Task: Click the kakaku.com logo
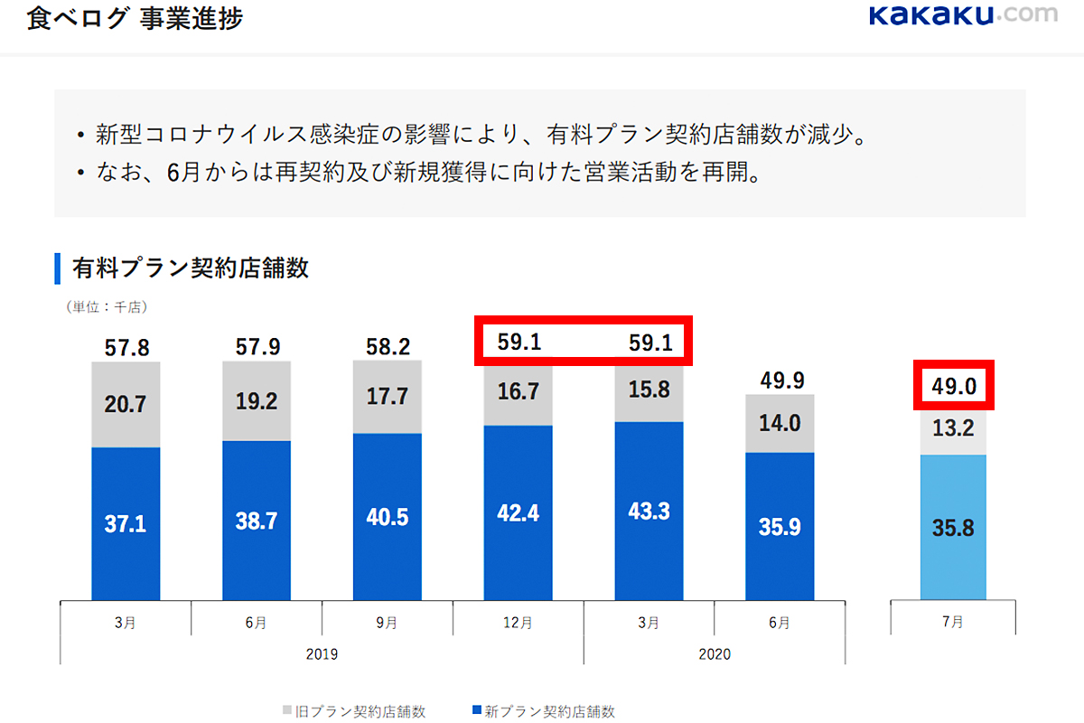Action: pyautogui.click(x=962, y=16)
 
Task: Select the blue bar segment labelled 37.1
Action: pyautogui.click(x=126, y=523)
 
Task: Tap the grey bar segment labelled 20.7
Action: pyautogui.click(x=126, y=404)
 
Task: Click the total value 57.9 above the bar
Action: pyautogui.click(x=257, y=346)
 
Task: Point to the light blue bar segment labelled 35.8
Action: pyautogui.click(x=952, y=527)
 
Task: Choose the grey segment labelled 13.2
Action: pyautogui.click(x=952, y=429)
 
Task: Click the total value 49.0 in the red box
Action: pyautogui.click(x=952, y=385)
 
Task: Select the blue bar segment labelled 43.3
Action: pyautogui.click(x=649, y=511)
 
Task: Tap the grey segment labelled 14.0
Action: pyautogui.click(x=780, y=423)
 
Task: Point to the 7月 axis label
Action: pyautogui.click(x=952, y=623)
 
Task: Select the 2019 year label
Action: pyautogui.click(x=322, y=653)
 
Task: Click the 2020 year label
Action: pyautogui.click(x=715, y=653)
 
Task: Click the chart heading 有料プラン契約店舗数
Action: pyautogui.click(x=190, y=268)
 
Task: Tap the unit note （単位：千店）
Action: pyautogui.click(x=107, y=307)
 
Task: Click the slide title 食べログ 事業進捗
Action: pyautogui.click(x=135, y=18)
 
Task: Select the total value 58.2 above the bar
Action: pyautogui.click(x=388, y=346)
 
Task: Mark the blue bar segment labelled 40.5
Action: pyautogui.click(x=388, y=516)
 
